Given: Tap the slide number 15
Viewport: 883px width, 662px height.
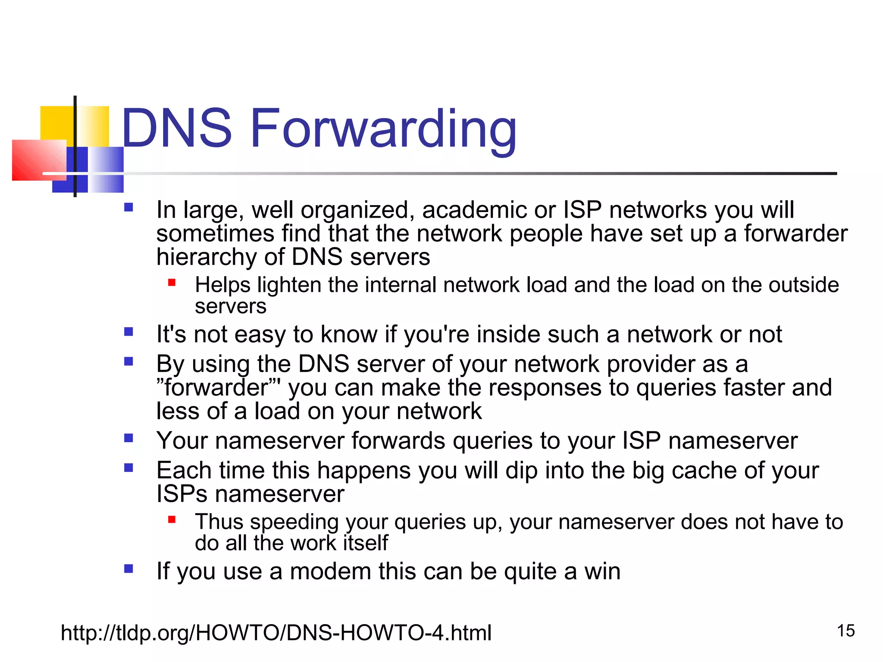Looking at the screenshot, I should pyautogui.click(x=845, y=631).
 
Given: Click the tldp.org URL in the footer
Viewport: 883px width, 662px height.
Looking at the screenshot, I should pyautogui.click(x=276, y=633).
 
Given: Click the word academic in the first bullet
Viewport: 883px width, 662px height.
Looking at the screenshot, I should pyautogui.click(x=474, y=210).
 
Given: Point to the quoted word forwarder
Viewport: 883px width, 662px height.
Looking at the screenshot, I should pyautogui.click(x=216, y=387).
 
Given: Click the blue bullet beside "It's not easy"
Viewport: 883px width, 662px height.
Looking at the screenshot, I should pyautogui.click(x=128, y=332).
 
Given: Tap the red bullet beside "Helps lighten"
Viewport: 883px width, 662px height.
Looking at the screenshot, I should pyautogui.click(x=172, y=283).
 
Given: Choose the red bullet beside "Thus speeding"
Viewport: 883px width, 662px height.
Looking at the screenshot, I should pyautogui.click(x=172, y=519).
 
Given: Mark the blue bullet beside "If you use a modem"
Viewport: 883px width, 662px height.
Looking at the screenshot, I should pyautogui.click(x=128, y=569).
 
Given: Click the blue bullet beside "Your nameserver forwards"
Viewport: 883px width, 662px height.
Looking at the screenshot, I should pyautogui.click(x=128, y=438).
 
